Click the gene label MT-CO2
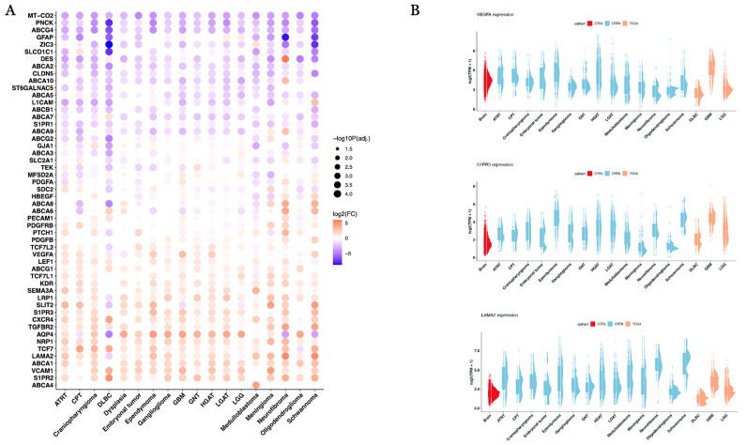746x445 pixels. [x=38, y=15]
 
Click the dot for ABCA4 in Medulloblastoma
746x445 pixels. [x=256, y=384]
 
